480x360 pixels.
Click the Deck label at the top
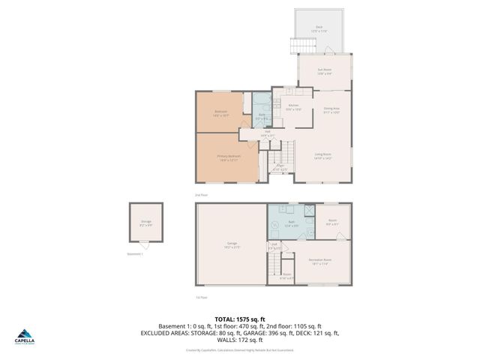[319, 28]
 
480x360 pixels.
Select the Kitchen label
[294, 106]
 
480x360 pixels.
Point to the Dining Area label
[331, 109]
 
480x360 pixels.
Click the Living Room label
[322, 155]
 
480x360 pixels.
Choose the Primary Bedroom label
[229, 157]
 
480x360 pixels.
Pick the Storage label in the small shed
[145, 222]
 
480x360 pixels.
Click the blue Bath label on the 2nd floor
[262, 115]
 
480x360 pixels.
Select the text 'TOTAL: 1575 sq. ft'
[239, 319]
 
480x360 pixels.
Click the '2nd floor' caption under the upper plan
[200, 195]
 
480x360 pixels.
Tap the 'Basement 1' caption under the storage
[134, 254]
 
